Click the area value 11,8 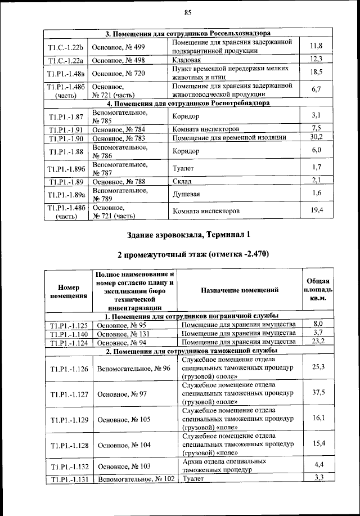click(x=316, y=46)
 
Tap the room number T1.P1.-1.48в click(x=66, y=73)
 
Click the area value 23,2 click(x=317, y=342)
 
